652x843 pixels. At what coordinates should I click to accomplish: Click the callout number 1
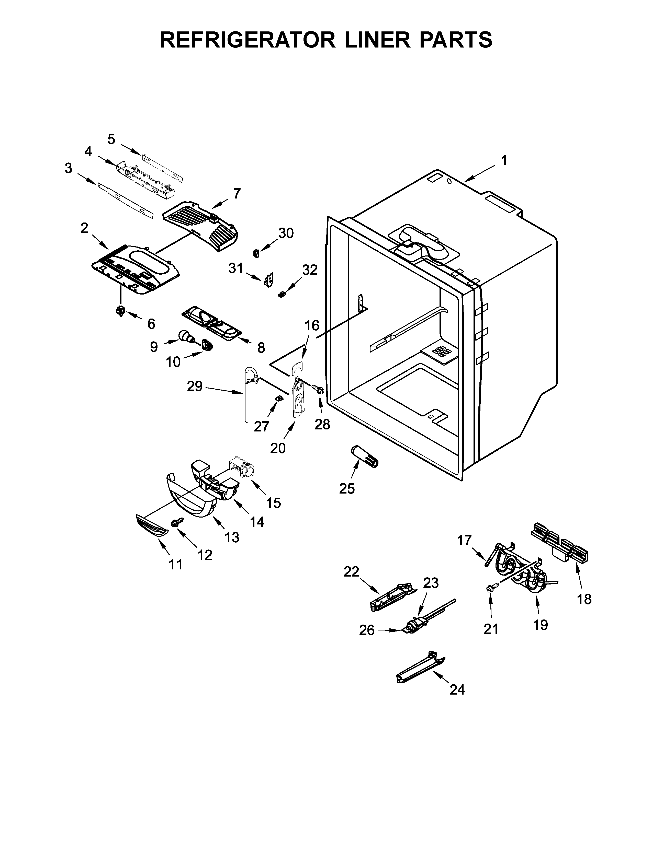[x=504, y=161]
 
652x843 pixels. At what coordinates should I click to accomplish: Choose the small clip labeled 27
[x=277, y=398]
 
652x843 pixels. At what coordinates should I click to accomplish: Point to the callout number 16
[x=312, y=325]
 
